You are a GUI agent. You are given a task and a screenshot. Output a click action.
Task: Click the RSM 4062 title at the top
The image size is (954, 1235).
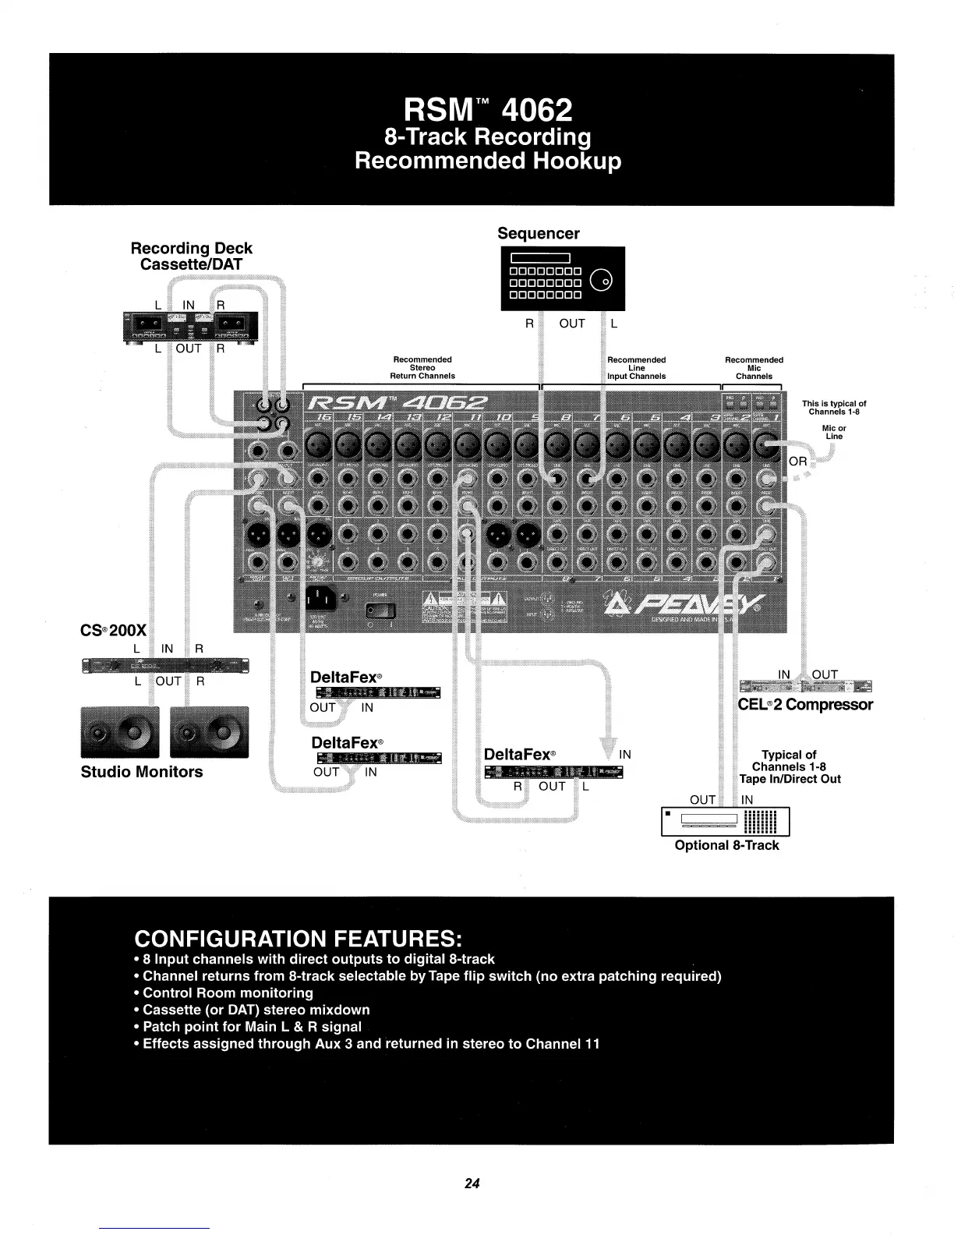488,110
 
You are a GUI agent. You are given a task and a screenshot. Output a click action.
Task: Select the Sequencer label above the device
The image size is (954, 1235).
539,234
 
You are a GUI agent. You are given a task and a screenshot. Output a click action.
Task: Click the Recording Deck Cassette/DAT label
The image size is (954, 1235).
191,256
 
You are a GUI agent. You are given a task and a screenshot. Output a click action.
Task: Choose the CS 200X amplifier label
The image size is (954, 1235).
114,630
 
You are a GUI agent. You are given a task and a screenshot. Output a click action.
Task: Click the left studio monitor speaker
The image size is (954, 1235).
120,732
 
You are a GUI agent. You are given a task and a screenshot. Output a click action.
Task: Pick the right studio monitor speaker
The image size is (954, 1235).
209,732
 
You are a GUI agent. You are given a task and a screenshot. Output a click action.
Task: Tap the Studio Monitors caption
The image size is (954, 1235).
142,772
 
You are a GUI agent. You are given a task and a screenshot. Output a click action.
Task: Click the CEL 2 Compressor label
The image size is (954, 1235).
805,705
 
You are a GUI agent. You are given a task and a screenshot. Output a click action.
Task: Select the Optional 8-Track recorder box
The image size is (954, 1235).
725,821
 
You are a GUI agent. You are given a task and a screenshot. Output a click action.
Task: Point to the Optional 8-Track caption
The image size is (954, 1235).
726,845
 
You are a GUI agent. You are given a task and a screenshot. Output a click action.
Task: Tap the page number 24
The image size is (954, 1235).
472,1183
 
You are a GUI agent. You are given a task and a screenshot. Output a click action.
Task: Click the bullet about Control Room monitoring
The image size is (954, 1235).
228,993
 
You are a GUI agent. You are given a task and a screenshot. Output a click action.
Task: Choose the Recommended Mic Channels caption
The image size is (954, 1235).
754,368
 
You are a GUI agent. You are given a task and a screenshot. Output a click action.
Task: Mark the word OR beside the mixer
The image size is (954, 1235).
798,462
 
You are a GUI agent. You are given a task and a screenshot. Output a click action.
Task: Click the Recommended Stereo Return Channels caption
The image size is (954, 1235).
422,368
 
